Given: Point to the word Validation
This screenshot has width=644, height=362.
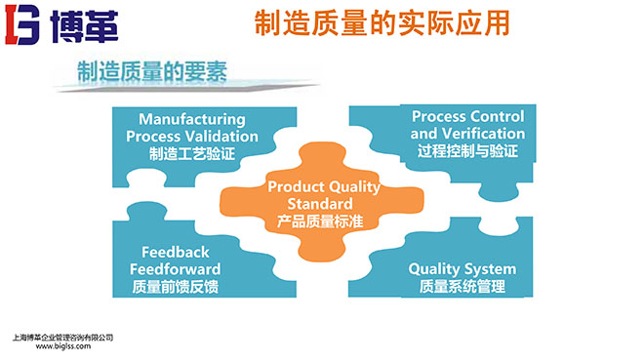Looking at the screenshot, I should [224, 137].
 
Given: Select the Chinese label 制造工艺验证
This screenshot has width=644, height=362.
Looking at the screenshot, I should [191, 153].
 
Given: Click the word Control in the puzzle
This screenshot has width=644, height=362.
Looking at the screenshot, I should [496, 117].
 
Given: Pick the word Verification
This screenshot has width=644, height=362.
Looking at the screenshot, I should [482, 134].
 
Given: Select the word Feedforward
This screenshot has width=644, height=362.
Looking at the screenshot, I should [176, 268].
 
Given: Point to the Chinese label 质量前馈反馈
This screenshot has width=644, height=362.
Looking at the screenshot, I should [176, 287].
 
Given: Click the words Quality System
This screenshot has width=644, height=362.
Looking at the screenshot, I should [463, 269].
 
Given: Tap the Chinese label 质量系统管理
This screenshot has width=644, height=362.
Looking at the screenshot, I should [463, 288].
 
